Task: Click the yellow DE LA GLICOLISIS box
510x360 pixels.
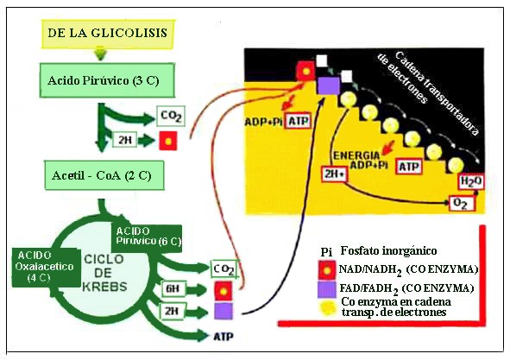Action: pyautogui.click(x=108, y=34)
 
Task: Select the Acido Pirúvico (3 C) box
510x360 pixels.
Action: pyautogui.click(x=107, y=80)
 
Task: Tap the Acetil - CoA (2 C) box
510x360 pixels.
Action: pyautogui.click(x=104, y=175)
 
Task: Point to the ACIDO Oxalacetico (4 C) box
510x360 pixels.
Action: pyautogui.click(x=46, y=268)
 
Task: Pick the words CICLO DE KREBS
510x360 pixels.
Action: pyautogui.click(x=104, y=273)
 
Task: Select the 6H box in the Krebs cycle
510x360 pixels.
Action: pyautogui.click(x=173, y=288)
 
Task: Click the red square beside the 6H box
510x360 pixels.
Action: pyautogui.click(x=224, y=291)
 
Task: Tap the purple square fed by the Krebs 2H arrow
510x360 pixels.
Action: pyautogui.click(x=224, y=311)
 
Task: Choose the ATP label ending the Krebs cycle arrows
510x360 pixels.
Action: pyautogui.click(x=224, y=336)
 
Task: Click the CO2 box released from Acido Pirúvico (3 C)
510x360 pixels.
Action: pyautogui.click(x=171, y=116)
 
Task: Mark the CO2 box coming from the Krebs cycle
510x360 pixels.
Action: pyautogui.click(x=224, y=269)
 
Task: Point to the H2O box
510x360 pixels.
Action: pyautogui.click(x=471, y=181)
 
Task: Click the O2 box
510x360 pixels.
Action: pyautogui.click(x=461, y=204)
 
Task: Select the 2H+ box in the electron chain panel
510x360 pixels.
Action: pyautogui.click(x=334, y=174)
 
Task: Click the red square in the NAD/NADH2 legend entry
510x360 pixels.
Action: pyautogui.click(x=327, y=270)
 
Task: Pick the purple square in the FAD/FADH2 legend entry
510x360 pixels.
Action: pyautogui.click(x=327, y=289)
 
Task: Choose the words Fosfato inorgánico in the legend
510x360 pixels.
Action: pyautogui.click(x=388, y=251)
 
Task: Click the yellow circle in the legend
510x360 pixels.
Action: pyautogui.click(x=327, y=308)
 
